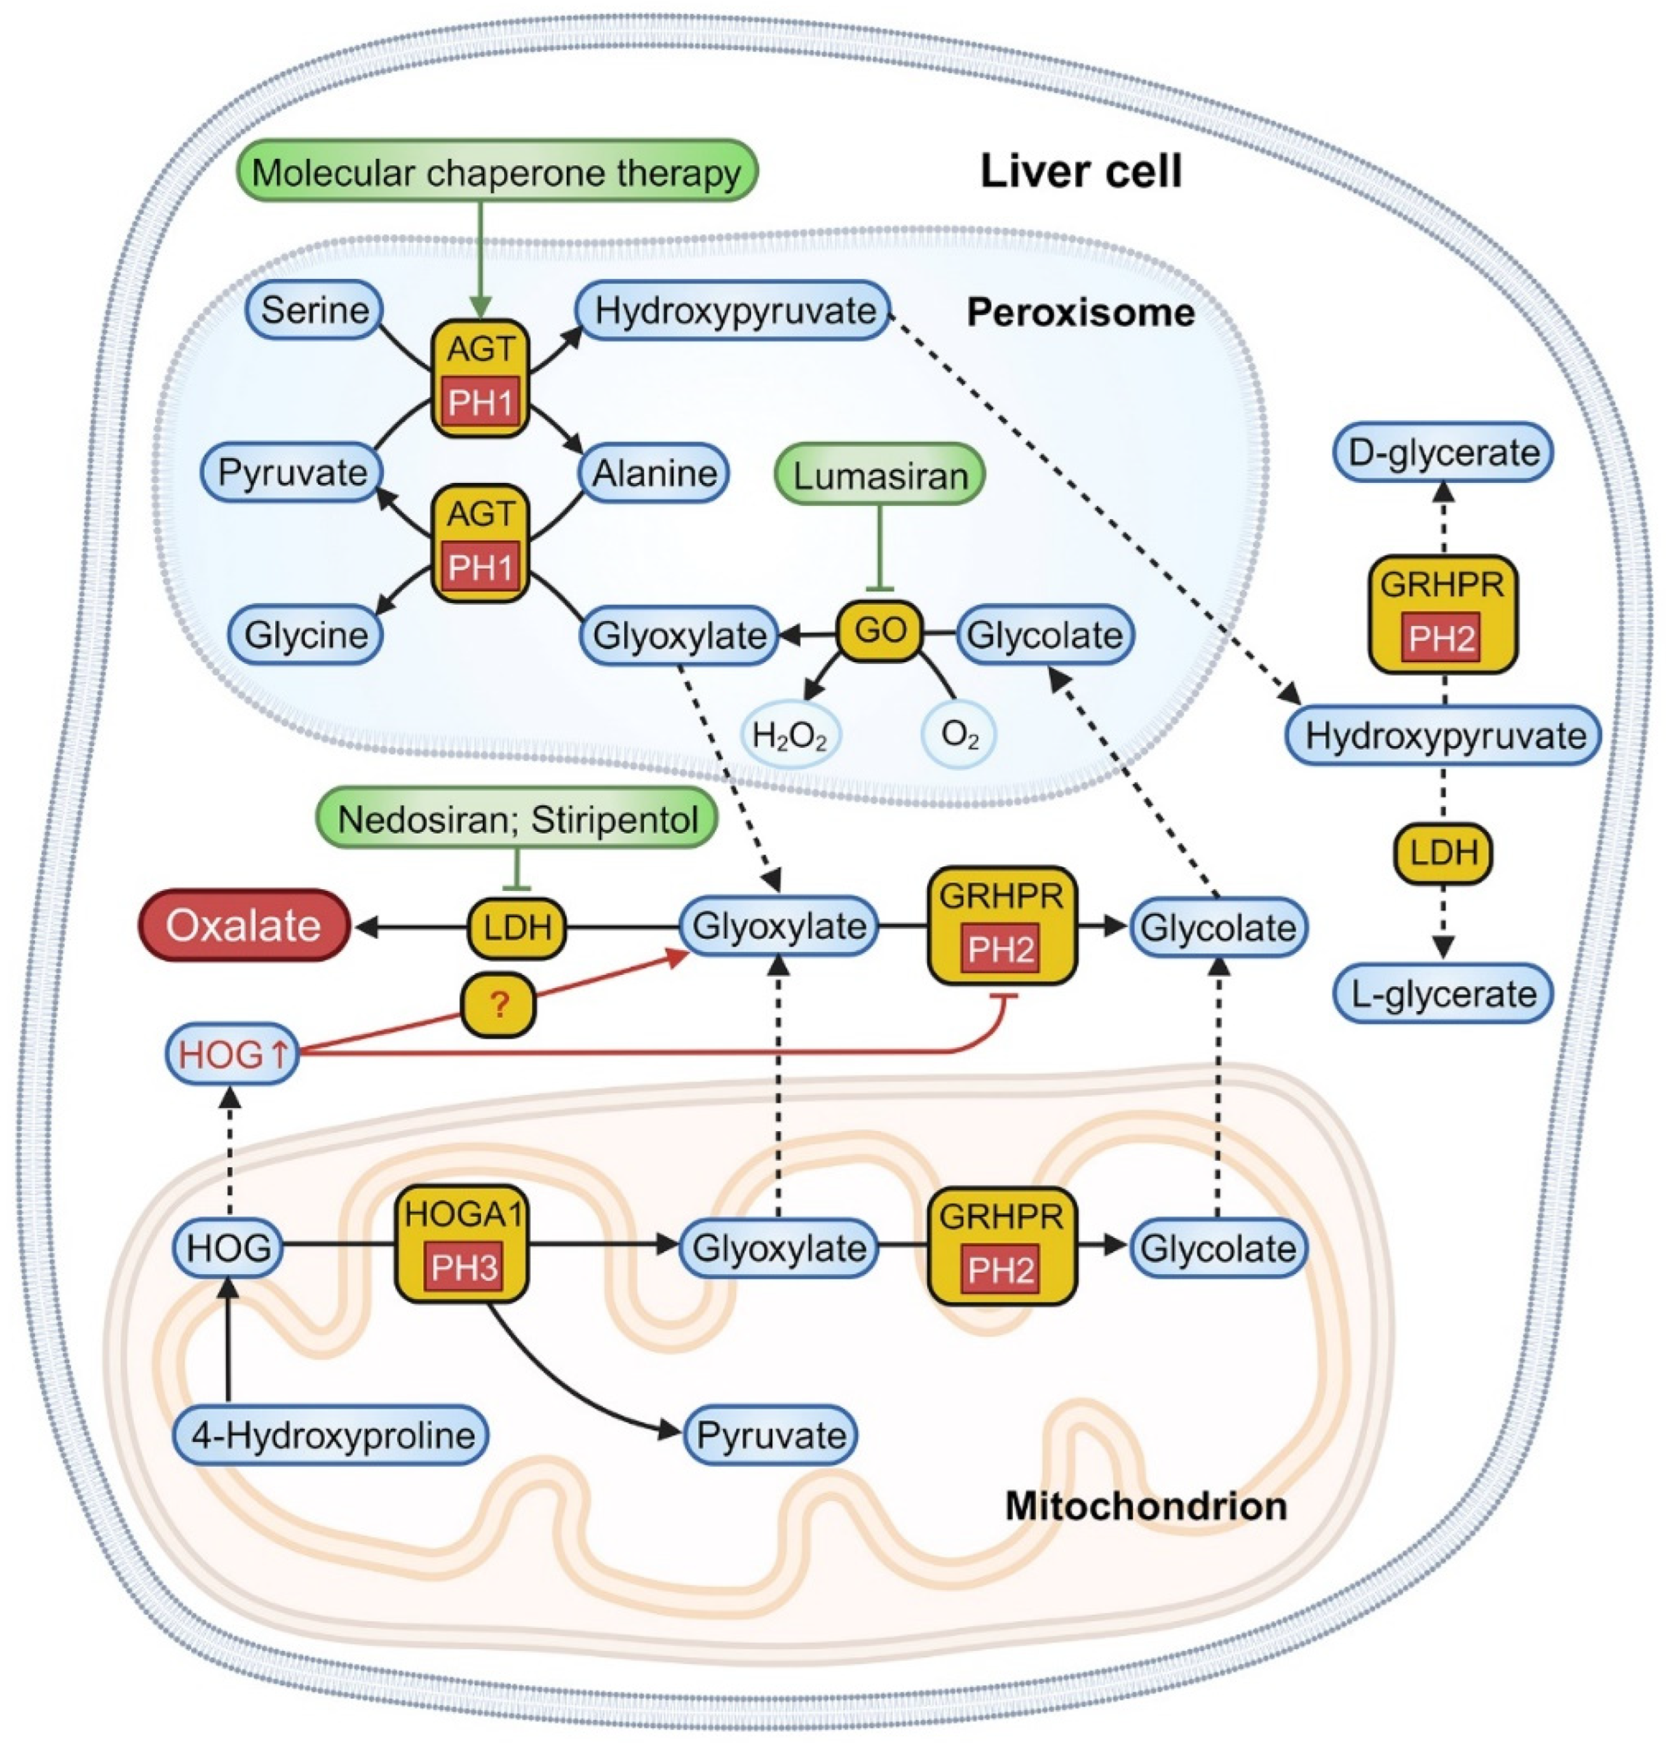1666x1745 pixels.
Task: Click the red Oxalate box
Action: [243, 925]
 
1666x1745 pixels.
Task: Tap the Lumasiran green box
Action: [879, 475]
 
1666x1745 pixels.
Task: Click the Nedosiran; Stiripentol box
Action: [517, 818]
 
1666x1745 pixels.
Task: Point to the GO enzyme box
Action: [879, 630]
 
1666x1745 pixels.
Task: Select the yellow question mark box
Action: [498, 1006]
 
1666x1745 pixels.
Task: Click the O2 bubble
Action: [958, 735]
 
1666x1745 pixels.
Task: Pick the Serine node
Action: [315, 310]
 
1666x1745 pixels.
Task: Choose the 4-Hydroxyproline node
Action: [330, 1434]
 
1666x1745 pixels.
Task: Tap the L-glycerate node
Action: [1442, 994]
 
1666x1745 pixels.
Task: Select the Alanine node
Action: [654, 472]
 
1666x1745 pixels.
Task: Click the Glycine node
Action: [306, 634]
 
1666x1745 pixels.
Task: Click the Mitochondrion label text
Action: [1145, 1506]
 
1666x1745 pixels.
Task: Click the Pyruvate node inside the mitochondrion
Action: [770, 1434]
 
